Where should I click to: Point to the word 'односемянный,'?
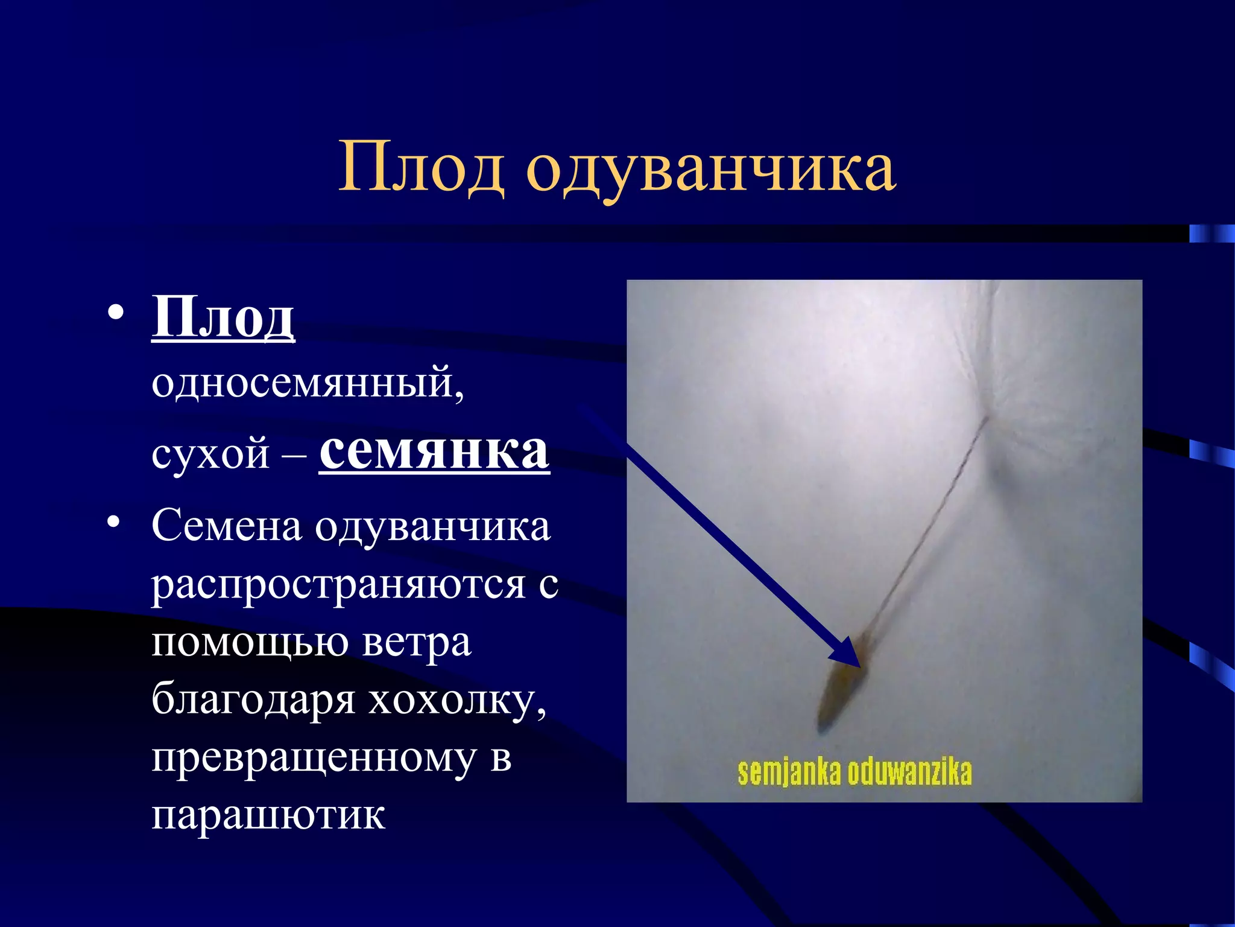308,384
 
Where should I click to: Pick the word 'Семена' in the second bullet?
227,526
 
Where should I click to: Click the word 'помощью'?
250,642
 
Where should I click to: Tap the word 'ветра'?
417,642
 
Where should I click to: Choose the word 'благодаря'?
253,700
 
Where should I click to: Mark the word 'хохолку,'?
458,700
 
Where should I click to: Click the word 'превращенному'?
314,758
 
